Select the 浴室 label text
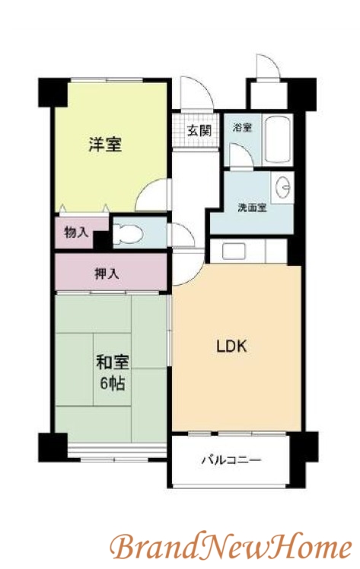coord(243,128)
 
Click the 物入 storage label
coord(76,233)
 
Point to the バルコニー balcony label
coord(231,461)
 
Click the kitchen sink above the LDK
coord(228,251)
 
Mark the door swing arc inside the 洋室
coord(153,194)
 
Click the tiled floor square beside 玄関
coord(180,129)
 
